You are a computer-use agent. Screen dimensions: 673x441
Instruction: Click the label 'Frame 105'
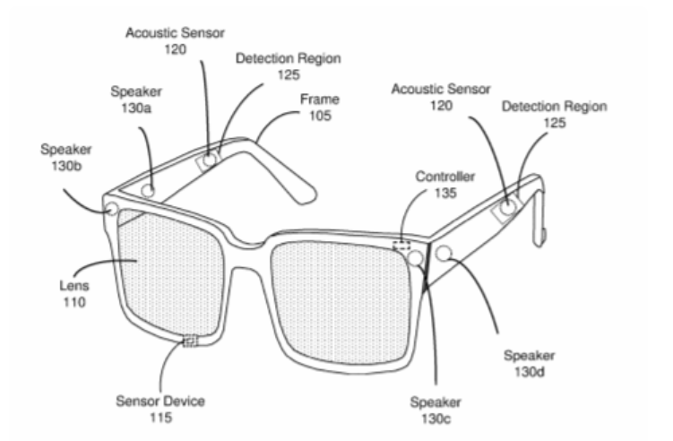pos(320,108)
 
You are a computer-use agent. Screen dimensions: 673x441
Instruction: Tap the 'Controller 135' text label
pos(445,185)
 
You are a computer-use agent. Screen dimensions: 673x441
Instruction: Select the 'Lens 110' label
pos(74,294)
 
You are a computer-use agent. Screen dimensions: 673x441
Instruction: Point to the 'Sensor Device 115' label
pos(160,410)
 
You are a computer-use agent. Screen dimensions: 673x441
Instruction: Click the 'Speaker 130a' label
pos(136,99)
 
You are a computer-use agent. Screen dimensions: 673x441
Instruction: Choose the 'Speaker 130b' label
pos(66,158)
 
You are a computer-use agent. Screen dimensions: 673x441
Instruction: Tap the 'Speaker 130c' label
pos(436,411)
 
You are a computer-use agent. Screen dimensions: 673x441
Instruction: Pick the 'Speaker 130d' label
pos(530,364)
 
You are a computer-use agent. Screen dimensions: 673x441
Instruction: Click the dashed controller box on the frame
pos(401,246)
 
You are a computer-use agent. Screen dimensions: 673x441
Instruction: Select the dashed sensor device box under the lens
pos(190,341)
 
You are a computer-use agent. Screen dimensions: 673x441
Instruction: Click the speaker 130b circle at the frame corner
pos(111,209)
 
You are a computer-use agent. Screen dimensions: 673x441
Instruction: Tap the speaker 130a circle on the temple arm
pos(148,191)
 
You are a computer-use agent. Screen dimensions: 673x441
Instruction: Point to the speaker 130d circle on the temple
pos(444,254)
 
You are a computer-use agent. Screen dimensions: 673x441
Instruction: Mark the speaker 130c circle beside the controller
pos(415,257)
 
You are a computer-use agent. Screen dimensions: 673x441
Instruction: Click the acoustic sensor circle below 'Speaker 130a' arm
pos(209,160)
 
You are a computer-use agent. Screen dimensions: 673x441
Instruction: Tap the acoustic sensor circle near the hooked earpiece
pos(507,207)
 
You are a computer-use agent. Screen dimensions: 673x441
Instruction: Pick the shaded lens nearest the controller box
pos(341,303)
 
